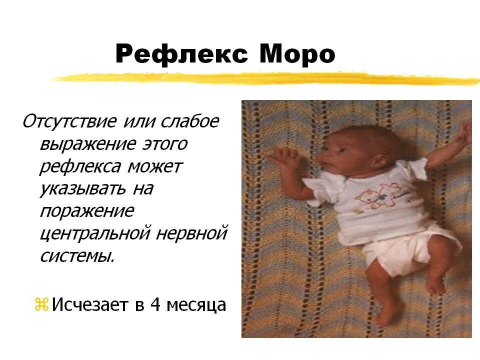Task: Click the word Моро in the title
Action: pos(297,54)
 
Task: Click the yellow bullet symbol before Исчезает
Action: pos(41,304)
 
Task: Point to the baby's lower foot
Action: pos(387,315)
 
